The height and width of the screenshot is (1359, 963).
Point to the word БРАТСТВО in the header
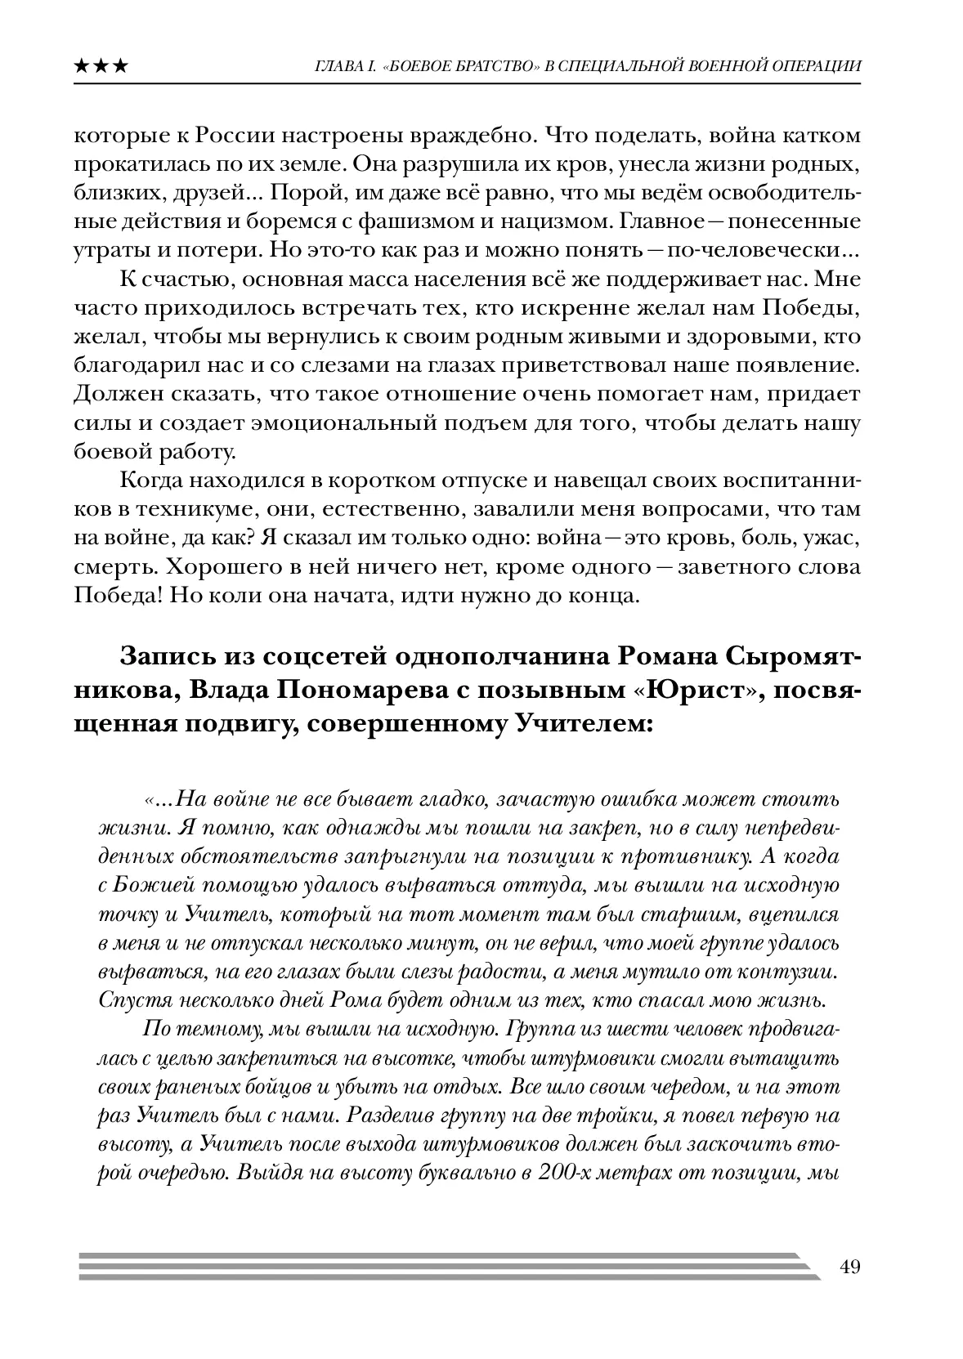click(x=486, y=66)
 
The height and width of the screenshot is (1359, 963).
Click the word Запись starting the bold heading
click(x=164, y=656)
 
